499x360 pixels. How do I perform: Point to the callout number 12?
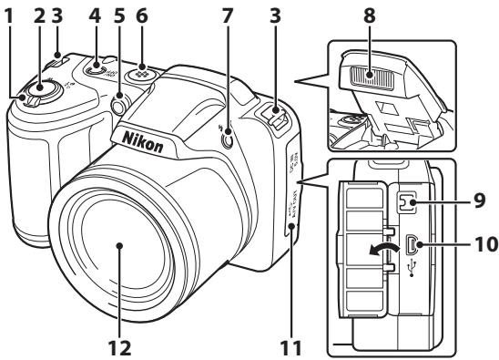(x=119, y=347)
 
